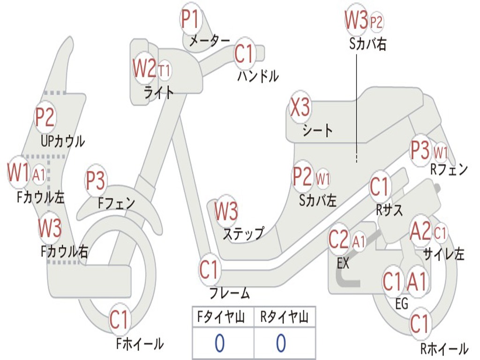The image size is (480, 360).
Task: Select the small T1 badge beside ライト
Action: (x=164, y=71)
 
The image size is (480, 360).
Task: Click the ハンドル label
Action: (x=258, y=75)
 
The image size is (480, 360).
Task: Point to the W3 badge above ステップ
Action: (x=226, y=211)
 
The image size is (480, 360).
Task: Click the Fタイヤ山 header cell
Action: (x=223, y=318)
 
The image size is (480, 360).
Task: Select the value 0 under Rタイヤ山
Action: (x=281, y=344)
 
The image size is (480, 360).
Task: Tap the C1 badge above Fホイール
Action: (x=119, y=321)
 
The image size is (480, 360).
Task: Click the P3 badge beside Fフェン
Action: (x=96, y=181)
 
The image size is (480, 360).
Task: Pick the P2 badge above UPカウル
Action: (x=45, y=117)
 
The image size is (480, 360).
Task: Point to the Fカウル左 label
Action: (x=41, y=197)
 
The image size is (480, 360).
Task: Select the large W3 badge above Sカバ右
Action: (x=356, y=21)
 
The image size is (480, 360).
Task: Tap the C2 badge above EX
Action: (x=339, y=240)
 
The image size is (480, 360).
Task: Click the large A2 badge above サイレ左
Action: (x=420, y=231)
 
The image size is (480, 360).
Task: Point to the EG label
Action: (x=402, y=304)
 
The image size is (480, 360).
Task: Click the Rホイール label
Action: (x=443, y=349)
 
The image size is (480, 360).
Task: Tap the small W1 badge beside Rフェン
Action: (x=441, y=152)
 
